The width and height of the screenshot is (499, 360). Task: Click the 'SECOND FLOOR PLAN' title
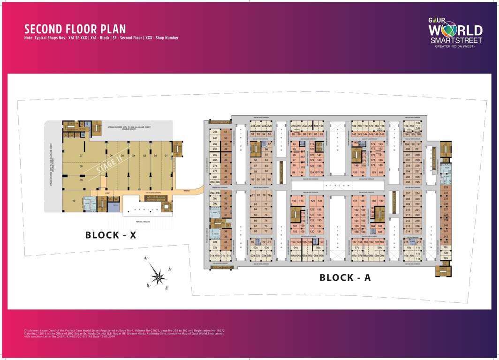point(75,29)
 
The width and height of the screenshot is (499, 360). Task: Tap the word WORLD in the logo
point(455,30)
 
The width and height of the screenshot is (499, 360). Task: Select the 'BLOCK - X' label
point(110,235)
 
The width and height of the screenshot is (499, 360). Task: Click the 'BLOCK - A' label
point(345,277)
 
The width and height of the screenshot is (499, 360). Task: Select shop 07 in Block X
point(81,155)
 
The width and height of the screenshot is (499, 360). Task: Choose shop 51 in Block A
point(226,132)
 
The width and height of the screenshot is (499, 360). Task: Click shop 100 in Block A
point(295,201)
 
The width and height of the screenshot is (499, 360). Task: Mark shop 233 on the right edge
point(446,187)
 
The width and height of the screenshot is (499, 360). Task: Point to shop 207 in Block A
point(407,193)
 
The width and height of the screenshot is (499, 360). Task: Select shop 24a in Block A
point(215,132)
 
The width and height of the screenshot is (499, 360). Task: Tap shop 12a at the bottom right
point(446,258)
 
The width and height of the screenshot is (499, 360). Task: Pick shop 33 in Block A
point(226,247)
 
